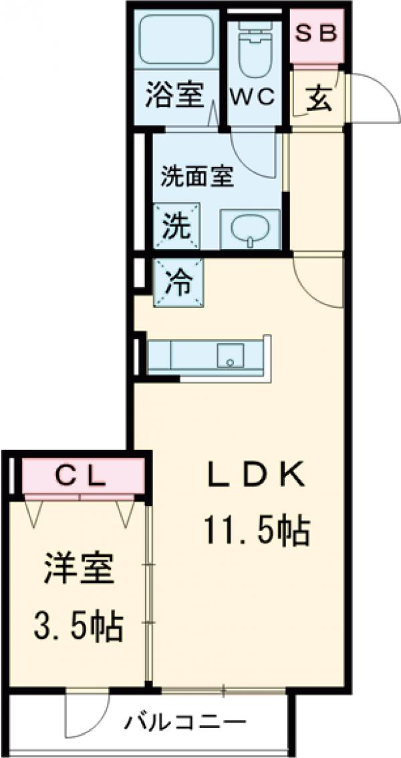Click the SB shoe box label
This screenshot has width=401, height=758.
(x=315, y=34)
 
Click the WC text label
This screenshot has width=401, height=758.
(x=252, y=98)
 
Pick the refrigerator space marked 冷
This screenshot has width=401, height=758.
(x=177, y=283)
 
